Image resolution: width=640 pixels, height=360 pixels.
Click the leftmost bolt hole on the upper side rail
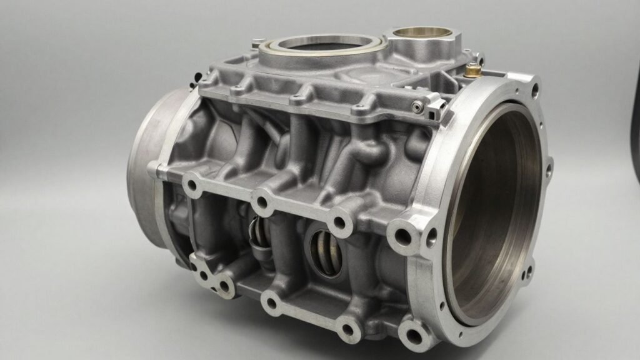[191, 185]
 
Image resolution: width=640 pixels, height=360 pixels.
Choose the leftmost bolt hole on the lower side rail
[203, 275]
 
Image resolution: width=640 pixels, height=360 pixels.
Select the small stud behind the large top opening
[255, 43]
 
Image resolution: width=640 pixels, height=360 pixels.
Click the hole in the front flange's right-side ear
[549, 167]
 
